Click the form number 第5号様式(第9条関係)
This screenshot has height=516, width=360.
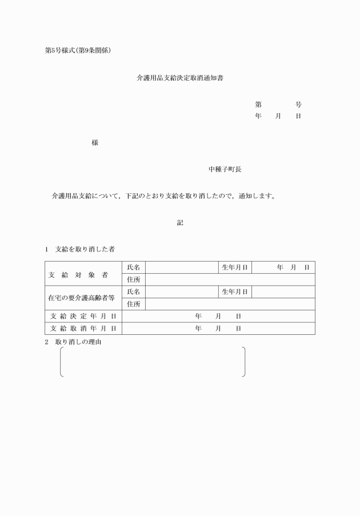click(x=78, y=50)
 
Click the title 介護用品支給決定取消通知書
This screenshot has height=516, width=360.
click(x=180, y=77)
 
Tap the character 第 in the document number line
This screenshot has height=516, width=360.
click(x=258, y=105)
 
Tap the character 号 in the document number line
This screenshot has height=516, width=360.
click(x=298, y=105)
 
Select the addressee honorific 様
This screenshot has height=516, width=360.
click(x=95, y=143)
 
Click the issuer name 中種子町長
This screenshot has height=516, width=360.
click(x=228, y=170)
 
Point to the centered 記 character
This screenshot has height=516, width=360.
click(x=180, y=223)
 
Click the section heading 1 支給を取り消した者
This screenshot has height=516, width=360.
click(x=80, y=249)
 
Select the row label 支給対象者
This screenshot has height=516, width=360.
click(x=83, y=274)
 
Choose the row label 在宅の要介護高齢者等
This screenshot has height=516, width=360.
click(x=83, y=298)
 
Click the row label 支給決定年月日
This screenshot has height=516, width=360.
click(x=83, y=316)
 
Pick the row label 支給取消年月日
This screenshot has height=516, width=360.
click(x=83, y=329)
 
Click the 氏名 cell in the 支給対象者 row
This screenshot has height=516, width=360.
click(x=134, y=267)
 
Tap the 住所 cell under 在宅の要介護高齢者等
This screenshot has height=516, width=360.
click(x=134, y=304)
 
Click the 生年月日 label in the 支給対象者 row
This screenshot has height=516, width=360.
click(x=234, y=267)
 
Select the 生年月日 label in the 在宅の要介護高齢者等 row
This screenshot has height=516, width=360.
click(x=234, y=292)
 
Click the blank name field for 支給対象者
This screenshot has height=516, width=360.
click(x=181, y=267)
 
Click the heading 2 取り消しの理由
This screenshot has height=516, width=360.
click(x=78, y=342)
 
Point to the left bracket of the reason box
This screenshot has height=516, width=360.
click(x=61, y=362)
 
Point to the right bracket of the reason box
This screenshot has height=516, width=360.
click(x=244, y=362)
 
